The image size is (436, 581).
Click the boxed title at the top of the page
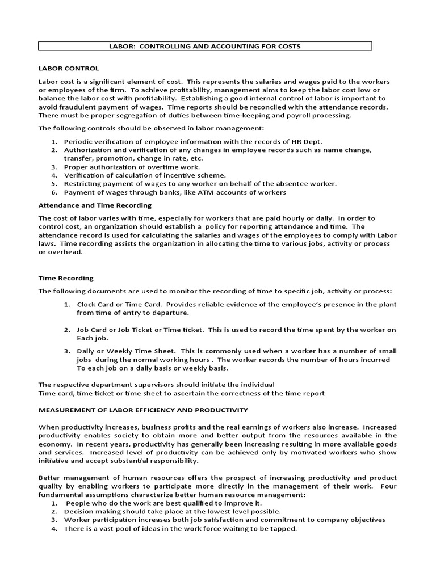point(206,46)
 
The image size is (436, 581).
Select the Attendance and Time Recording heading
point(95,205)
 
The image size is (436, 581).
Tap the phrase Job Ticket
point(133,330)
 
